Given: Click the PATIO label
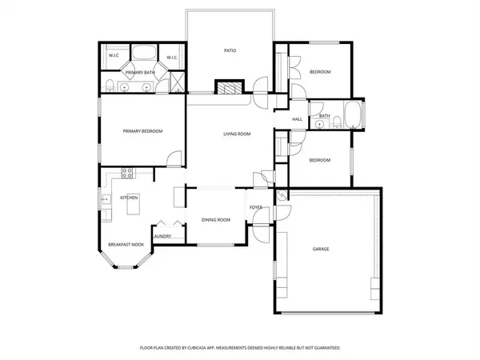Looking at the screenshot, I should (x=229, y=50).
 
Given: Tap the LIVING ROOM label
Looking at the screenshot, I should (x=237, y=134).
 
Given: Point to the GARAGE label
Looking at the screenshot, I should (x=321, y=249).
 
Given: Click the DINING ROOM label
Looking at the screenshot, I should (x=215, y=219).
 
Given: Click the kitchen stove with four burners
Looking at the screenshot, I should (x=126, y=173).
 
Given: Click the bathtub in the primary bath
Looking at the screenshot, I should (x=145, y=55).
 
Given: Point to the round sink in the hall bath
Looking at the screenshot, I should (x=319, y=126).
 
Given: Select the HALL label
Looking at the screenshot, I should (x=297, y=119).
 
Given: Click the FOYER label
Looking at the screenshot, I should (x=256, y=207).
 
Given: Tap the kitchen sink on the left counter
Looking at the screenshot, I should (x=104, y=199).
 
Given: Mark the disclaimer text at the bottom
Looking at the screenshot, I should (x=240, y=348).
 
